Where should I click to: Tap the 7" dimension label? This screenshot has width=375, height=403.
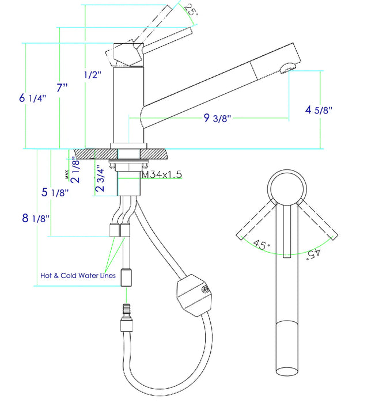[x=62, y=88]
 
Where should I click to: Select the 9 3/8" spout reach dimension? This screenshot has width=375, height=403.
[x=217, y=119]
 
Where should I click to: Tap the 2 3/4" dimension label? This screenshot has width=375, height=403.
[x=101, y=173]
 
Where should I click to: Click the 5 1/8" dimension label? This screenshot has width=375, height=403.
[x=56, y=193]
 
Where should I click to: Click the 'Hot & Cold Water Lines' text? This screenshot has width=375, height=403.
[x=78, y=275]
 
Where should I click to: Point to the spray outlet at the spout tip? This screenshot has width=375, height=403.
[x=286, y=70]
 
